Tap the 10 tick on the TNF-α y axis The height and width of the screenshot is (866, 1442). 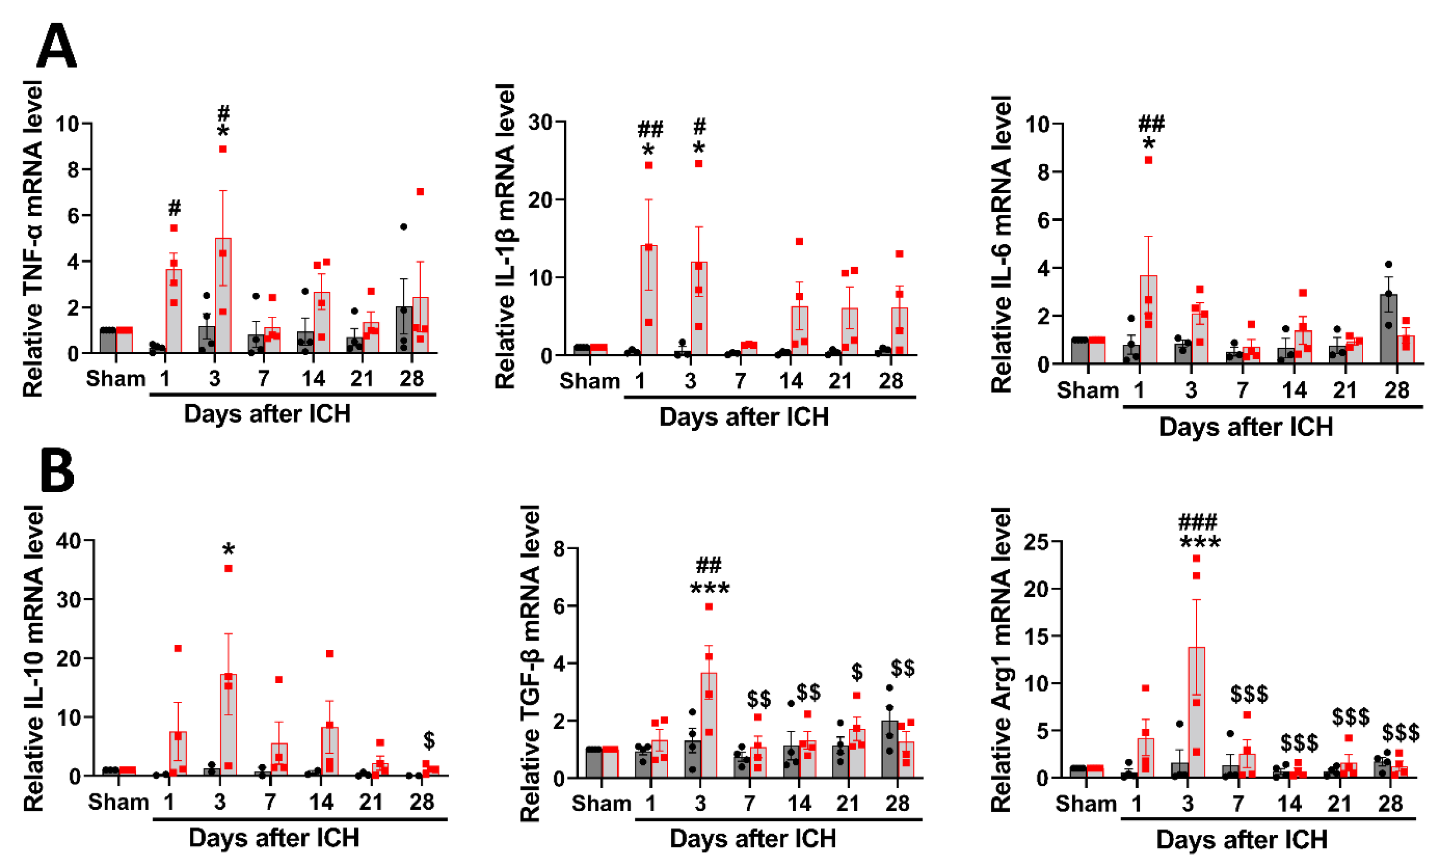click(67, 124)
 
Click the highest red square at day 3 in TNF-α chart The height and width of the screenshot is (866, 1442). click(222, 149)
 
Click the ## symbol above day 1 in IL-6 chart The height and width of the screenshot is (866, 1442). click(1151, 123)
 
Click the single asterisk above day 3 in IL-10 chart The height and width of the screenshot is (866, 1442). click(228, 550)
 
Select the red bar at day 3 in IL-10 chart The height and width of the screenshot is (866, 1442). click(228, 725)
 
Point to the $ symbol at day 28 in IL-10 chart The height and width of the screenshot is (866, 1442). click(429, 741)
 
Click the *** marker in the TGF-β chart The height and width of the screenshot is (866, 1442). click(709, 589)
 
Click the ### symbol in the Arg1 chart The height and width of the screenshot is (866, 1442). click(1198, 521)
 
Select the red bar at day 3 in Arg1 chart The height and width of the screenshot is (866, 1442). click(1196, 712)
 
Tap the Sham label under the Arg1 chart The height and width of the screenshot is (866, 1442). click(1085, 804)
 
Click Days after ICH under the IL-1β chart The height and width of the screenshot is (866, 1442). click(743, 417)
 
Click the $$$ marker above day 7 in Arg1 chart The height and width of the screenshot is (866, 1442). click(1249, 695)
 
